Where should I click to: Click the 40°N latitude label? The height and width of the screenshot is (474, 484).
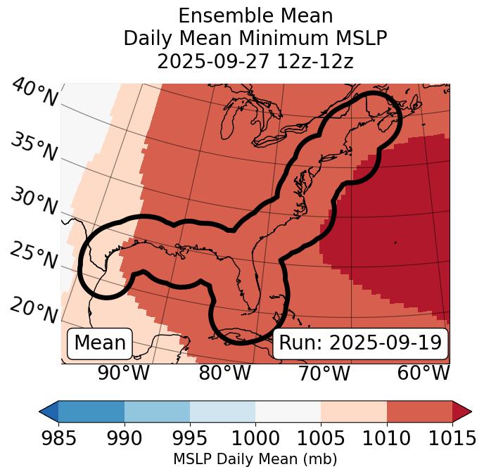point(34,93)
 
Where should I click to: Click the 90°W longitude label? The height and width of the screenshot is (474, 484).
point(124,373)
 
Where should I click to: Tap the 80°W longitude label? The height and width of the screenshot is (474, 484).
point(224,373)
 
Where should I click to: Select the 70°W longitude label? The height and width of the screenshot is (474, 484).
point(324,373)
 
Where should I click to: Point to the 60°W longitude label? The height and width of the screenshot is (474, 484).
point(423,373)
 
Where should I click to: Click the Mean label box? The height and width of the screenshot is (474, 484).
point(99,343)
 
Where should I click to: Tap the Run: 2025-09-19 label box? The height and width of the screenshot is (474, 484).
point(360,343)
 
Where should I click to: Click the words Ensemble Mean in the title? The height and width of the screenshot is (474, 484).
point(255,15)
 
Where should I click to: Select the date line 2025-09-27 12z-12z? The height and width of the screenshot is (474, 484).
point(255,62)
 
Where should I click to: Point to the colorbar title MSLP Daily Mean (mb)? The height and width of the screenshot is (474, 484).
point(255,459)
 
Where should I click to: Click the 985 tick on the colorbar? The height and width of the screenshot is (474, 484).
point(58,438)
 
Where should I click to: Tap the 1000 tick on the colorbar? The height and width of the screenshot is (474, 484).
point(255,438)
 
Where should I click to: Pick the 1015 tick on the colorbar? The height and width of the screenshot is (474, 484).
point(452,438)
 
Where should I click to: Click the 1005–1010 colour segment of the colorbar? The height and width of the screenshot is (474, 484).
point(354,411)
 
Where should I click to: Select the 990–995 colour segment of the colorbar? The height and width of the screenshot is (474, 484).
point(157,411)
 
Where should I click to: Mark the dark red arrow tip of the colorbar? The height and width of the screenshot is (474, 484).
point(462,411)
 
